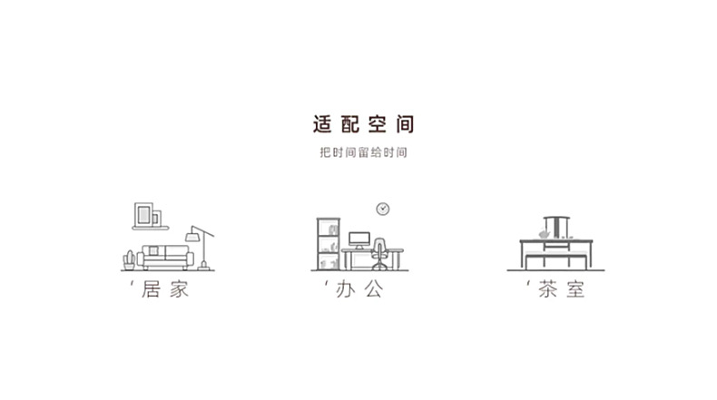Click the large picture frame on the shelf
coord(143,214)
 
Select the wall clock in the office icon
coord(383,209)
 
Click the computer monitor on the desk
coord(359,240)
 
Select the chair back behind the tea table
coord(556,224)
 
